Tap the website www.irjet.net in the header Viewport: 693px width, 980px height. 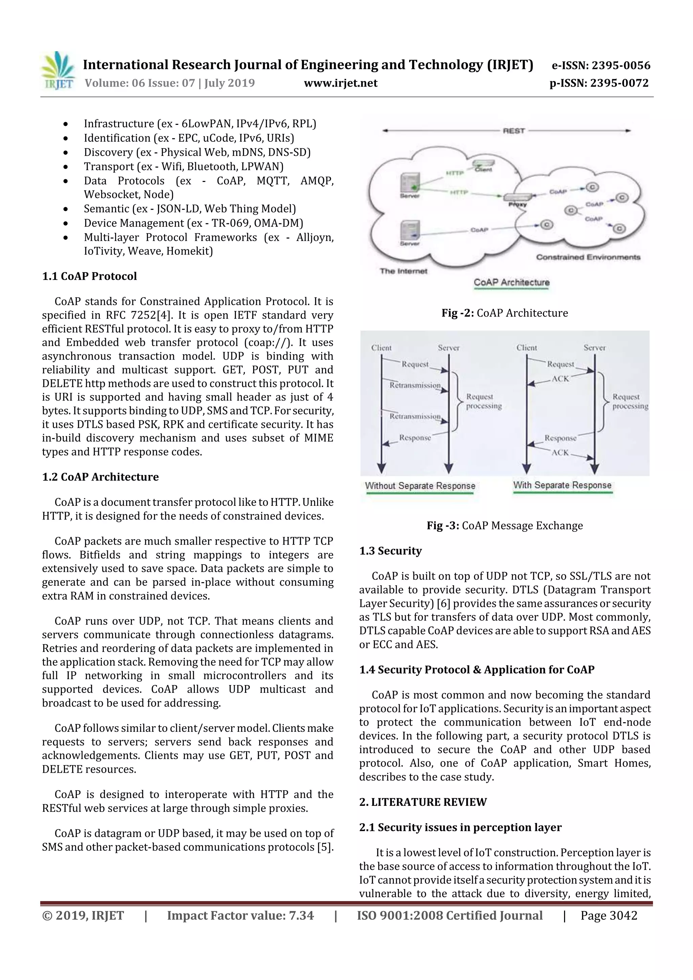[340, 83]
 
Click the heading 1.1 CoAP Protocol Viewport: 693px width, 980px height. [89, 276]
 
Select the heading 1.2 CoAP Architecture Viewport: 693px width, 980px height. [100, 477]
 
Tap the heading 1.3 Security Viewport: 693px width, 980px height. [390, 551]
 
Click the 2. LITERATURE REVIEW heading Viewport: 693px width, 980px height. [423, 802]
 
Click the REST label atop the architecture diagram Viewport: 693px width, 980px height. [514, 131]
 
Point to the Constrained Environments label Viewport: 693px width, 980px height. [588, 257]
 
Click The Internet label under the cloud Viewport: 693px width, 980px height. [403, 271]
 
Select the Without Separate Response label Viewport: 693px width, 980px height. [420, 486]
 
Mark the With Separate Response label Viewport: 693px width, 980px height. [562, 485]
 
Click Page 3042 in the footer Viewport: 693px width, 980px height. [608, 915]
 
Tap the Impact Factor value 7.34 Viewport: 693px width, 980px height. [240, 915]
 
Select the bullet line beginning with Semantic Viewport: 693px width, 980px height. [189, 209]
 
